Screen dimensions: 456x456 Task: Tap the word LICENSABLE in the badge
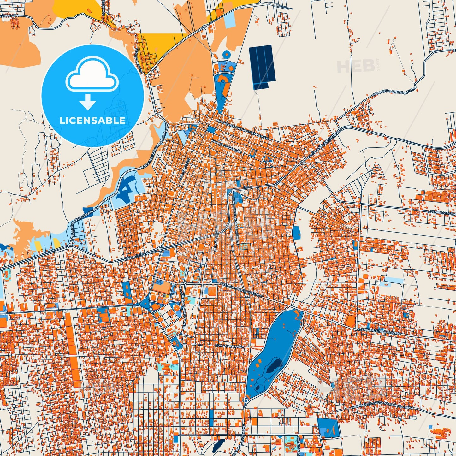point(92,120)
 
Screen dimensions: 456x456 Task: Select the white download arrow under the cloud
point(87,102)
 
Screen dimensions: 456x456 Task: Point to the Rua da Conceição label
point(227,146)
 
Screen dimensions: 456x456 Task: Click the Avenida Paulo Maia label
point(137,256)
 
